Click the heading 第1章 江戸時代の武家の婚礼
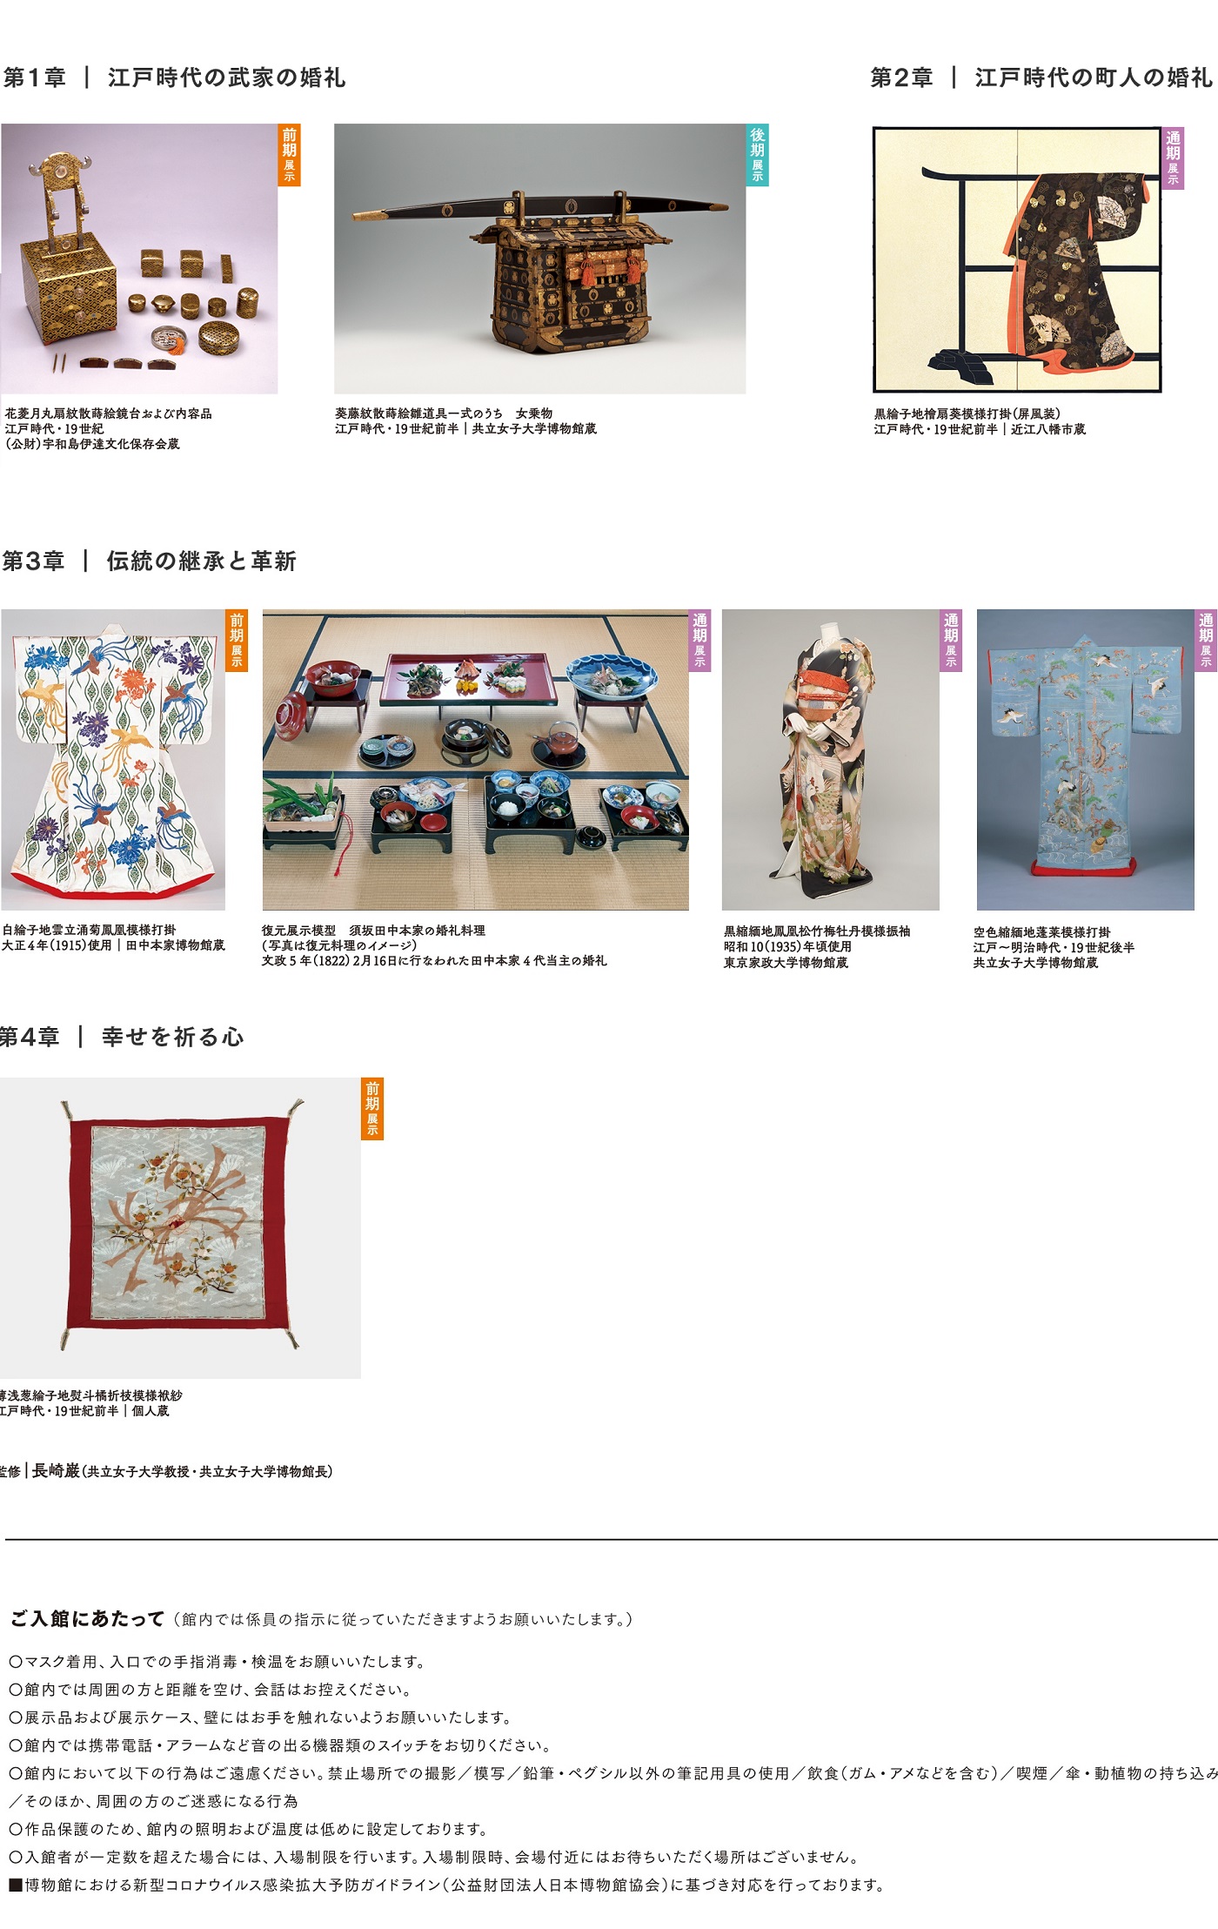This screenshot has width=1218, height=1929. click(174, 77)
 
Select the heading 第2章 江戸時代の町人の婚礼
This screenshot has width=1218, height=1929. click(1041, 77)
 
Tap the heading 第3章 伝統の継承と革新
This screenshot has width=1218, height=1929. click(149, 561)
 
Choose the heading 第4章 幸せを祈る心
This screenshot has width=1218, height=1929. click(122, 1037)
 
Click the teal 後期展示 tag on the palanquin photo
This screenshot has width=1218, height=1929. click(758, 154)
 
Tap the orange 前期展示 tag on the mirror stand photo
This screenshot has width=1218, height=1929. click(290, 154)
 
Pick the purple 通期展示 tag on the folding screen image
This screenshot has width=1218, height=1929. click(1174, 158)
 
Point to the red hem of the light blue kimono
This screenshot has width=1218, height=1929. click(1083, 865)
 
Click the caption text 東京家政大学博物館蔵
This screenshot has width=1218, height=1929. click(786, 963)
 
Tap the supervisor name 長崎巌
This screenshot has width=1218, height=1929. click(56, 1470)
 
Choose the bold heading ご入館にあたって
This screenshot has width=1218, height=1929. click(87, 1618)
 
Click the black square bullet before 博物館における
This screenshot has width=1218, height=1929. click(16, 1885)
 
